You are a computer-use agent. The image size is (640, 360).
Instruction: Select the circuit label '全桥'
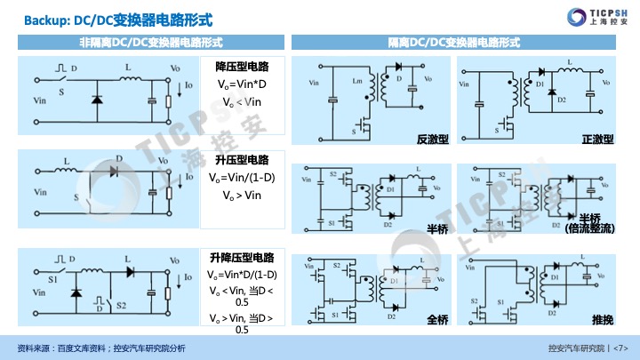tap(436, 319)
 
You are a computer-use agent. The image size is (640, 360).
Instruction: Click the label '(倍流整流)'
tap(590, 229)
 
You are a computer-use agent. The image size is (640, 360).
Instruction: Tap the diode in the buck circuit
tap(96, 100)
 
